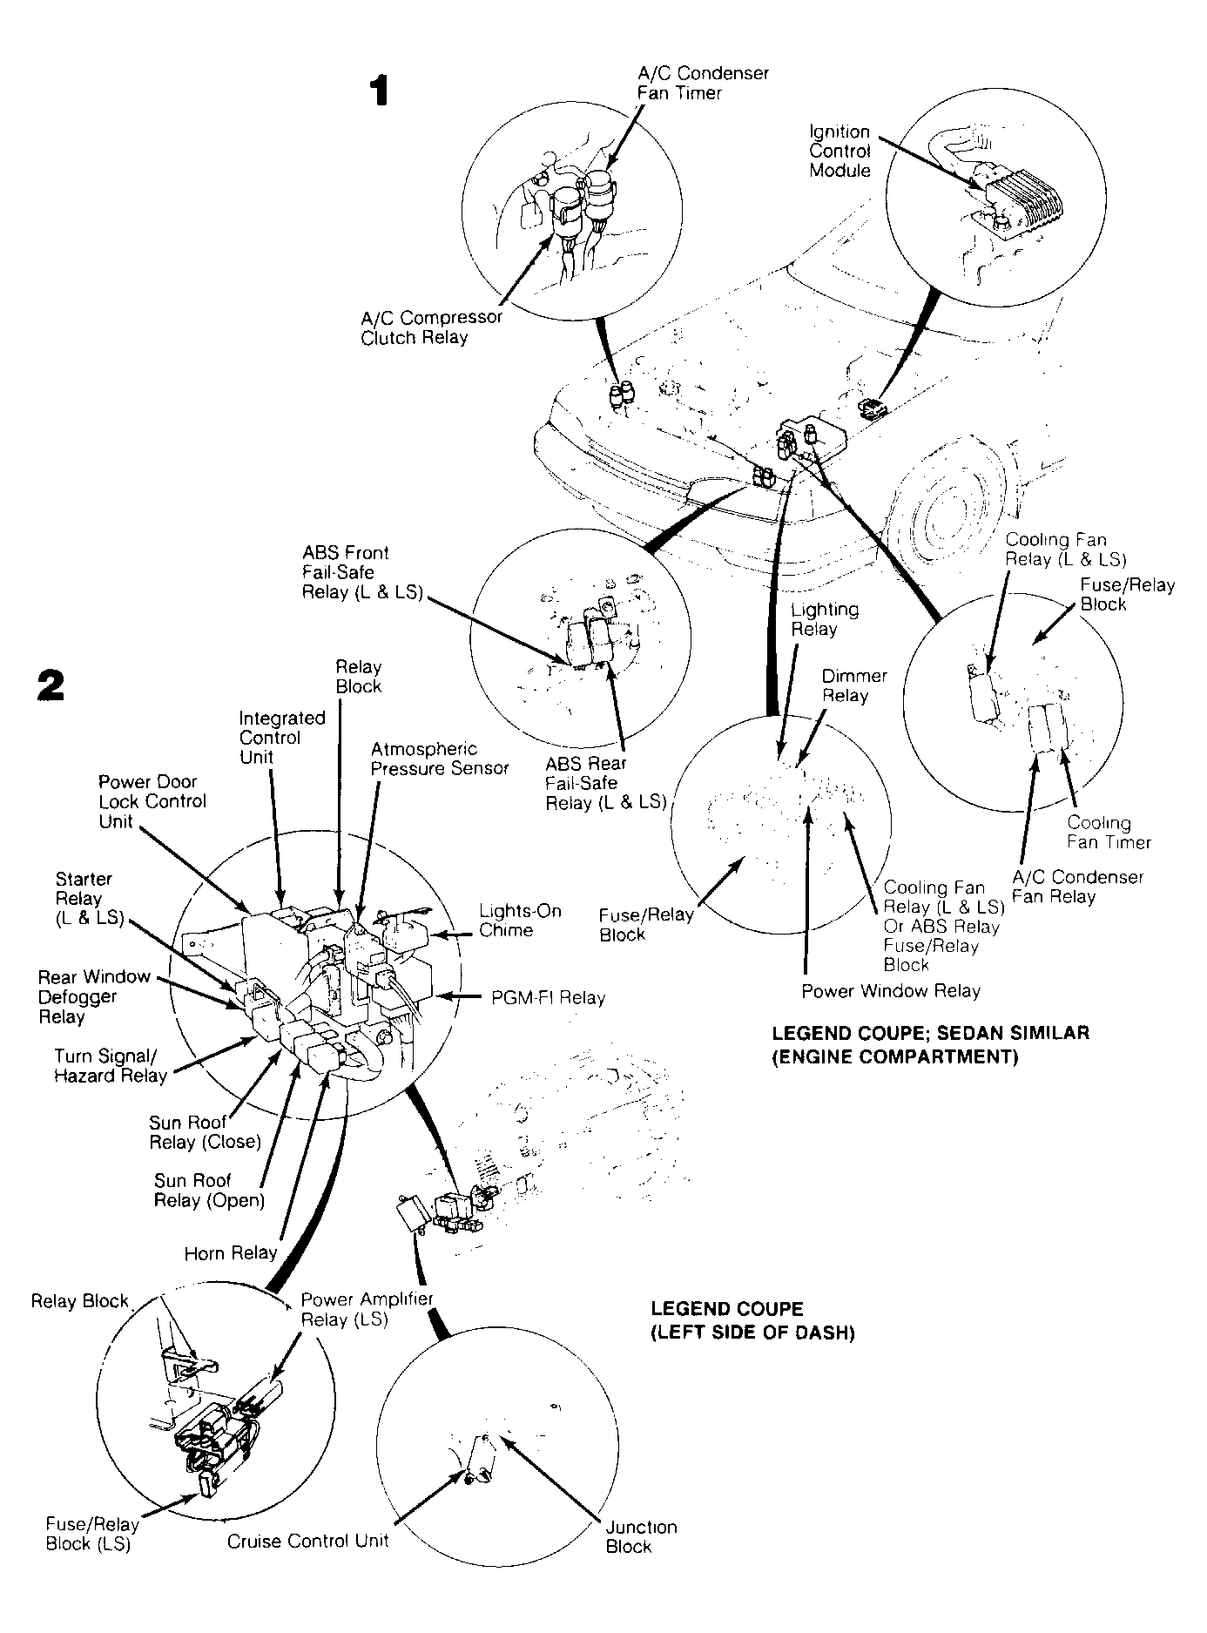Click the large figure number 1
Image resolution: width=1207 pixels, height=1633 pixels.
(378, 91)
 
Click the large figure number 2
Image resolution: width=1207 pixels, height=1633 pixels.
(51, 685)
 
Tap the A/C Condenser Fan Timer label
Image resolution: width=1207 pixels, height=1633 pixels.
(703, 84)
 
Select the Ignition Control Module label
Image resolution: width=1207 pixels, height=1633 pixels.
(840, 151)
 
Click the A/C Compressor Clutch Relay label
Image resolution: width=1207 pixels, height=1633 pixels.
(431, 327)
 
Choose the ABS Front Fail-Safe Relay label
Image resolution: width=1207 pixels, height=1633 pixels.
(362, 573)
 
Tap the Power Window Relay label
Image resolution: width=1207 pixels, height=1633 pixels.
(891, 991)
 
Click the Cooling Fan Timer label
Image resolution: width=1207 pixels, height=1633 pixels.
(1109, 832)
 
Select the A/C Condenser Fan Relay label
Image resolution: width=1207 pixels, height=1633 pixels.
(1077, 887)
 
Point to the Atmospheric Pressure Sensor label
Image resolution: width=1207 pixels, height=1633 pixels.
(440, 759)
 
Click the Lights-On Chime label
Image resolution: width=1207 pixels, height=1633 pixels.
(520, 921)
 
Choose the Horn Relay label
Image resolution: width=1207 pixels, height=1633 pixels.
(231, 1253)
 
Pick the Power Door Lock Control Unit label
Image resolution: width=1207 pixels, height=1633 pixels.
(152, 801)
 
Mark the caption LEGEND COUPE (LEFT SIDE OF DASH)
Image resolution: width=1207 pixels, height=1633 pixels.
(752, 1321)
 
